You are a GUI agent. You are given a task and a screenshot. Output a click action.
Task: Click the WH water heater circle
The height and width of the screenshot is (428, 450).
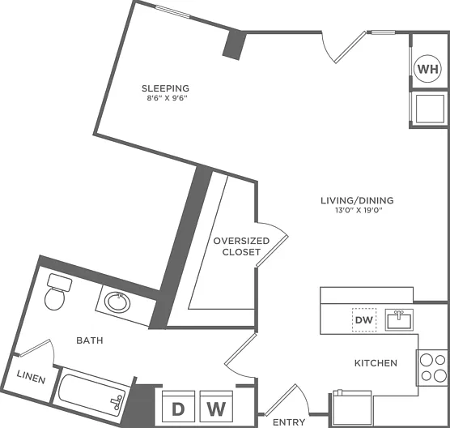tap(428, 69)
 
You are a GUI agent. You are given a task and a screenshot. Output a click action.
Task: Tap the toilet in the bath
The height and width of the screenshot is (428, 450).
tap(57, 292)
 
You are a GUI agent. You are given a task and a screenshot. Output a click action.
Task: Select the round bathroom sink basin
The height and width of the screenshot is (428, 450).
tap(117, 302)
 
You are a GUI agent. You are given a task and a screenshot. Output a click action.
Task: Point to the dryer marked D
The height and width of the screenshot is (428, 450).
tap(179, 406)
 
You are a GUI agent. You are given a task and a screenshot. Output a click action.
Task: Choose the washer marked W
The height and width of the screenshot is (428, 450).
tap(216, 406)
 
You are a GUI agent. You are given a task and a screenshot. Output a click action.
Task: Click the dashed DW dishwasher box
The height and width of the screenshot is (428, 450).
tap(364, 320)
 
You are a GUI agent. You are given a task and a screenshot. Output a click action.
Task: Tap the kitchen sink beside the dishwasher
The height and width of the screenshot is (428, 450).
tap(399, 319)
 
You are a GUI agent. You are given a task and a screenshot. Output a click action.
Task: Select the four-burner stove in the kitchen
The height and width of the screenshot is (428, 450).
tap(432, 368)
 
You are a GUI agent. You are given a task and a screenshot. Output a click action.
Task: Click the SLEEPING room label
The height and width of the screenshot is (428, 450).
tap(166, 88)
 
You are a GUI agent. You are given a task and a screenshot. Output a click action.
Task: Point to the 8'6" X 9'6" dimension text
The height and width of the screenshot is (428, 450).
tap(167, 98)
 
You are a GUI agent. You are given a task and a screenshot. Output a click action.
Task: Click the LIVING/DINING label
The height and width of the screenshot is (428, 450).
tap(357, 200)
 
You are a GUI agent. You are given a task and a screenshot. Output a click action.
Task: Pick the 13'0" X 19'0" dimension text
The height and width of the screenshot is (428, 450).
tap(359, 210)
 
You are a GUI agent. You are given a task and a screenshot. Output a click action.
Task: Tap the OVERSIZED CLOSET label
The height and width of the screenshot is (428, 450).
tap(241, 246)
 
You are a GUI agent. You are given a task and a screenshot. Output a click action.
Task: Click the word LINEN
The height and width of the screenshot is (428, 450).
tap(31, 377)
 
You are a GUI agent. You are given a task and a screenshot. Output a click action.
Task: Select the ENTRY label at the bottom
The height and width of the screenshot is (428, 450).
tap(289, 422)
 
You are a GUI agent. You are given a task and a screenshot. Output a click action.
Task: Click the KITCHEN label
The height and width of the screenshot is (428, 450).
tap(376, 363)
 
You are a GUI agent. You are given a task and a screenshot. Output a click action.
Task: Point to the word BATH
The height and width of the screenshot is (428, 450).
tap(90, 340)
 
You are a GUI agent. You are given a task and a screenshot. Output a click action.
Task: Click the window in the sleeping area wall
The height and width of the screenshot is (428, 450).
tap(172, 12)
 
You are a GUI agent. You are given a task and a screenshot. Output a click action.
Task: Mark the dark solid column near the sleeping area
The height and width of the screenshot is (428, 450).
tap(235, 45)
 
